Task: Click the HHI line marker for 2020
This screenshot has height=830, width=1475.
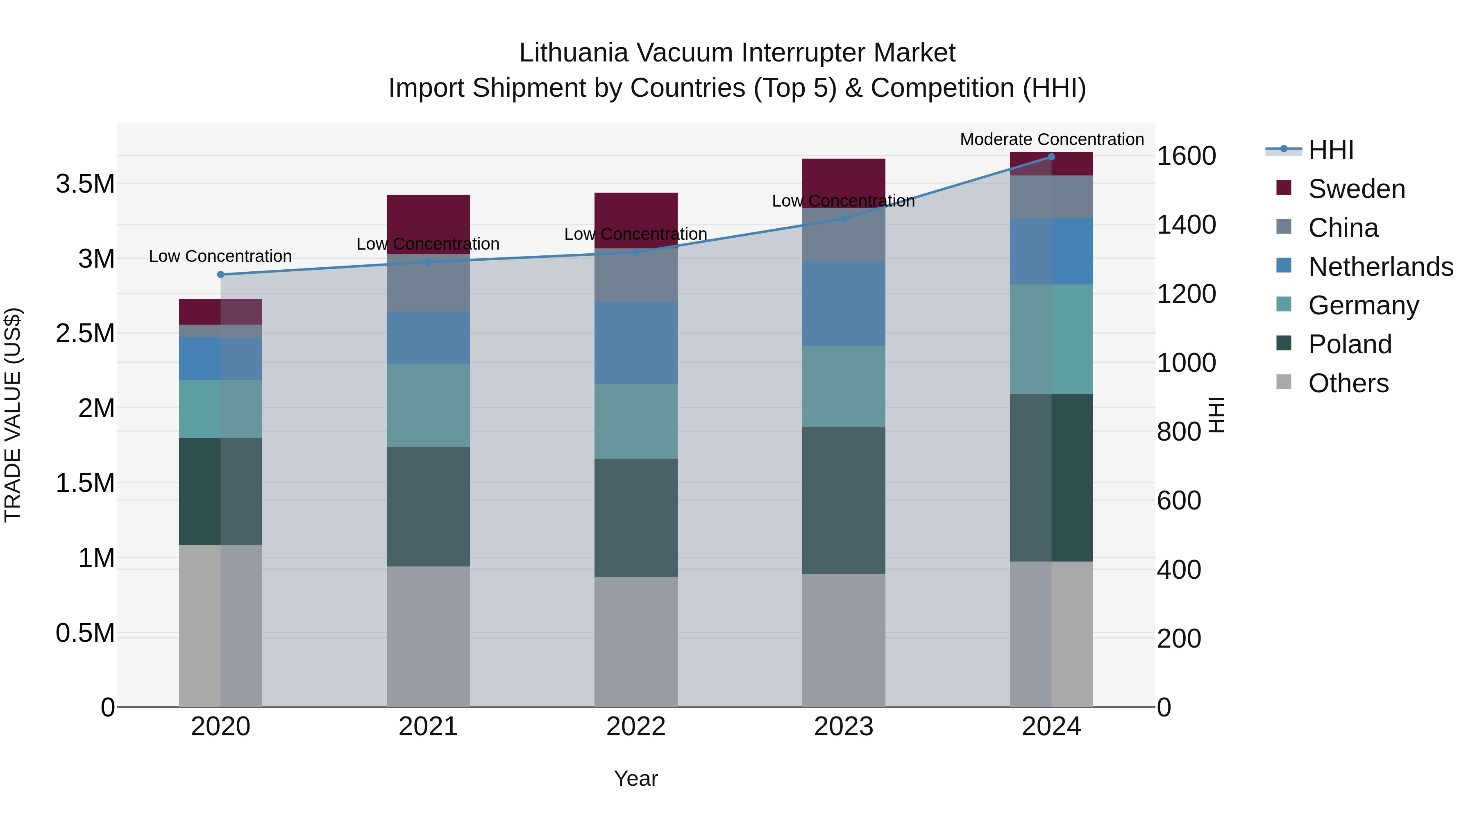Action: [x=220, y=274]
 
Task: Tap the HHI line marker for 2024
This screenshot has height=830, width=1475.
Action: [x=1051, y=157]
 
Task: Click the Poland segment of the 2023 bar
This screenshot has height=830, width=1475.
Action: [x=844, y=500]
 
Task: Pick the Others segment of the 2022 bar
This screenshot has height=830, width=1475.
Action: [x=635, y=641]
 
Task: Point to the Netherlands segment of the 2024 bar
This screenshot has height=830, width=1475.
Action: [x=1051, y=251]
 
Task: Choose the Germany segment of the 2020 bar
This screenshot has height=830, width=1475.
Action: [x=220, y=409]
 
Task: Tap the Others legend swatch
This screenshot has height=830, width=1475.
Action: [x=1284, y=382]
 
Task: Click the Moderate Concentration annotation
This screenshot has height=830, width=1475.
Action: [x=1051, y=139]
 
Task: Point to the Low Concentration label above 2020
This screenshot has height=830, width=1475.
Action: [x=220, y=256]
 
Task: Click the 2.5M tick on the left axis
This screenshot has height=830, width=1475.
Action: [x=85, y=333]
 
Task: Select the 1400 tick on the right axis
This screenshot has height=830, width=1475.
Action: [x=1186, y=225]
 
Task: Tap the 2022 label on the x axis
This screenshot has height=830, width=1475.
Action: [x=635, y=727]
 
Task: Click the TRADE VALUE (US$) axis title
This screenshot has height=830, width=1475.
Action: [x=13, y=415]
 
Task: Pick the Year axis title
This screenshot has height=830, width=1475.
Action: [x=635, y=778]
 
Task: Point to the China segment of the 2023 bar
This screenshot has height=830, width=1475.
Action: [x=844, y=235]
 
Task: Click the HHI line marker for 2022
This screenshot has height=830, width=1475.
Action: [x=635, y=252]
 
